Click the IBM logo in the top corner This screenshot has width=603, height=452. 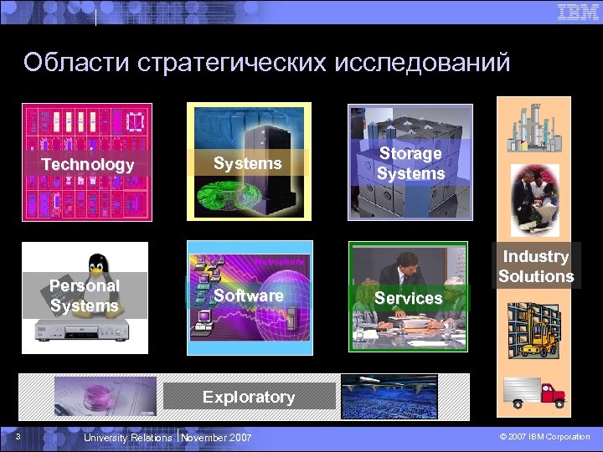(x=577, y=13)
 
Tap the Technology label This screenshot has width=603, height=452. (x=88, y=165)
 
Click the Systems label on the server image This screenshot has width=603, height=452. (x=248, y=163)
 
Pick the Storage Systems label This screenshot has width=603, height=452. (x=410, y=163)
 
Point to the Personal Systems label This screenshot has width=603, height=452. (x=85, y=295)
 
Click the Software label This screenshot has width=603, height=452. (x=248, y=295)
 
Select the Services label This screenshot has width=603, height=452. (x=409, y=298)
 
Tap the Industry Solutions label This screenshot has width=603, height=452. (x=536, y=266)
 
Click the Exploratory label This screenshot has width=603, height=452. (x=248, y=397)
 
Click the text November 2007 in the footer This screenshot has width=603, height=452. (x=216, y=437)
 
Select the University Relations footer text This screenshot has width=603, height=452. (x=127, y=437)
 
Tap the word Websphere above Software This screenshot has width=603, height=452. (x=277, y=261)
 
